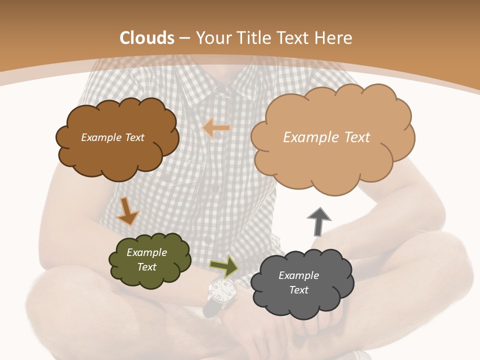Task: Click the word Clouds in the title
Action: (147, 38)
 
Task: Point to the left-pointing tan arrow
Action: (216, 128)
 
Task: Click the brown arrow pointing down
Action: (127, 211)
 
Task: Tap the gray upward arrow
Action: (318, 221)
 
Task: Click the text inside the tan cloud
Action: (326, 137)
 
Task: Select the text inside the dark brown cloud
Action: (112, 137)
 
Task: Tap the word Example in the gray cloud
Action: (298, 275)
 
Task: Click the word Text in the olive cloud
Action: (147, 267)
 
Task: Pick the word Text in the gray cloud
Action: (298, 290)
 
